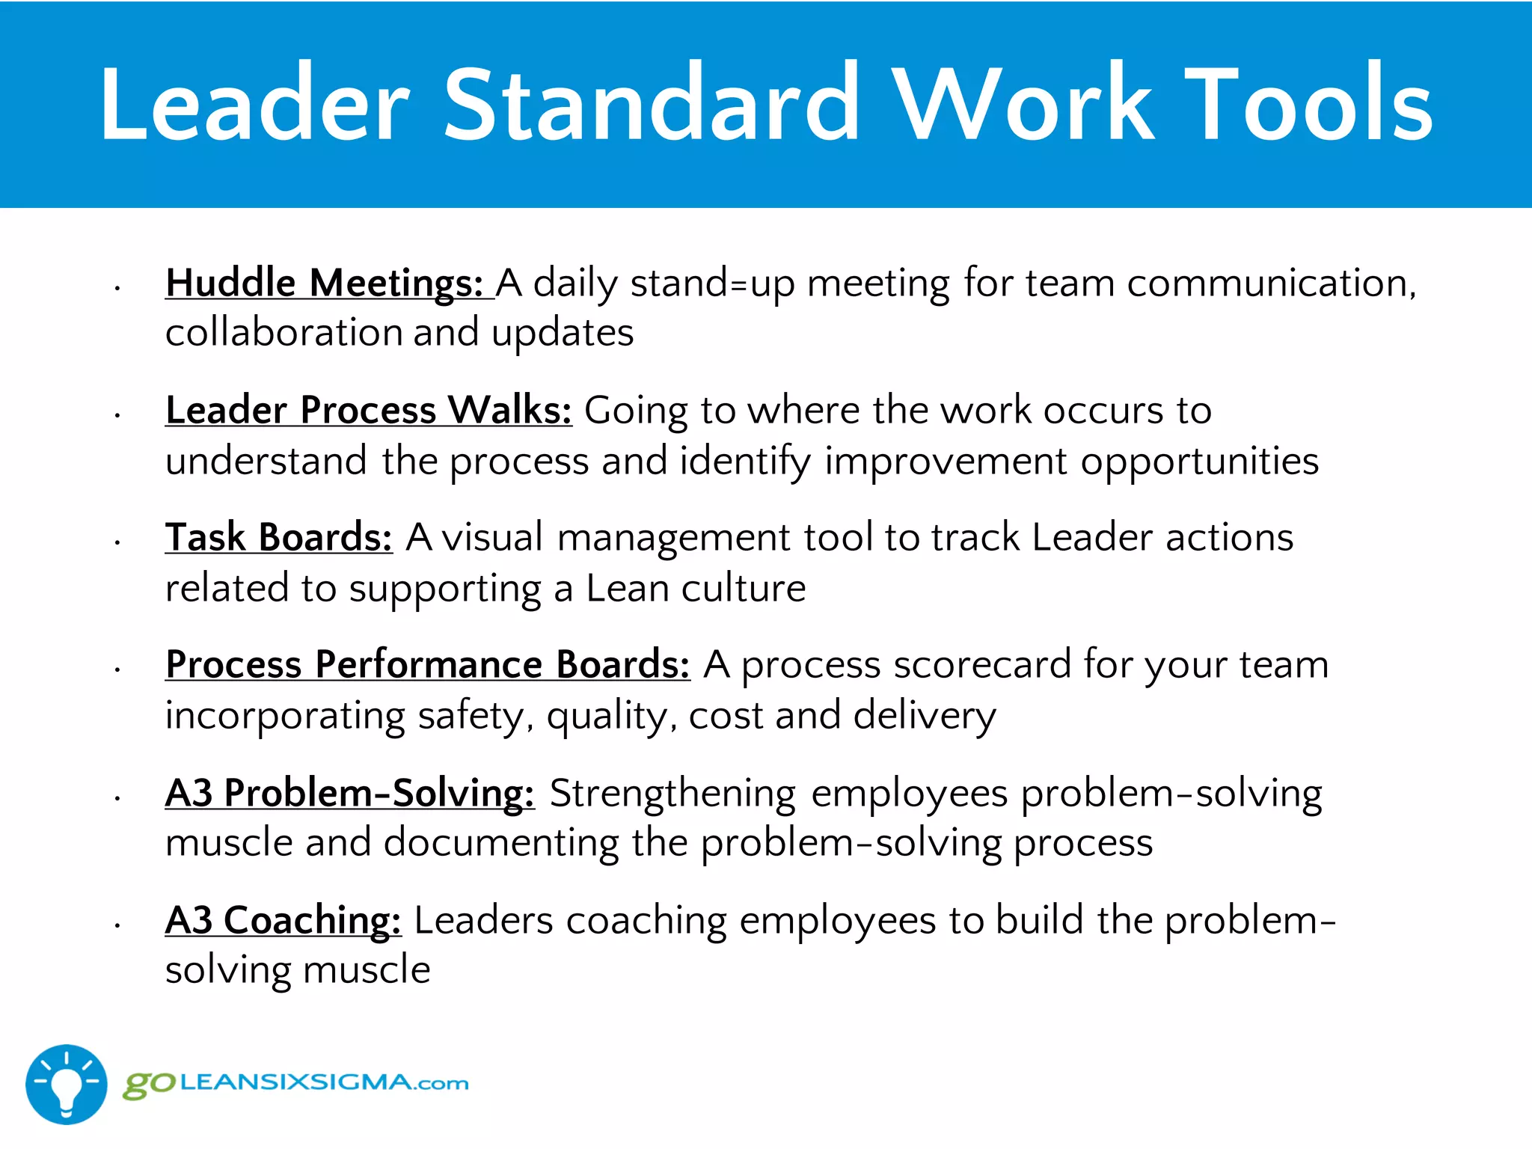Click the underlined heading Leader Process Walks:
click(x=369, y=411)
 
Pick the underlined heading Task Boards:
click(x=278, y=538)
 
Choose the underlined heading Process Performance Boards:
click(x=427, y=665)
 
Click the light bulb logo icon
click(x=67, y=1084)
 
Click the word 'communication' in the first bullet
click(x=1271, y=284)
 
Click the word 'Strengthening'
click(x=672, y=794)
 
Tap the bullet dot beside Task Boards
click(x=117, y=543)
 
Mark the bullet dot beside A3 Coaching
click(x=117, y=926)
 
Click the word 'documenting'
click(x=501, y=844)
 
